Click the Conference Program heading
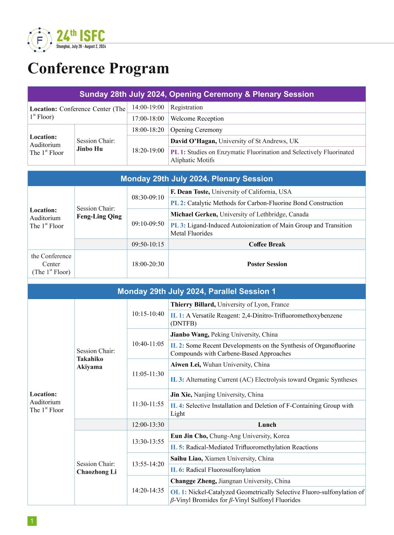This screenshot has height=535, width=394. pyautogui.click(x=98, y=69)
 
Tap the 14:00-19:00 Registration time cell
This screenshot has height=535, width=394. pyautogui.click(x=148, y=107)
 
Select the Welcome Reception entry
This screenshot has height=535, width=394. pyautogui.click(x=197, y=119)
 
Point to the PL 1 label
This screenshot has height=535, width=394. pyautogui.click(x=178, y=152)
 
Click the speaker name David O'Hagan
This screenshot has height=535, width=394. pyautogui.click(x=193, y=141)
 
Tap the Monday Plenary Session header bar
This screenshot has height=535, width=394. pyautogui.click(x=197, y=179)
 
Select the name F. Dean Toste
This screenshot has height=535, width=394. pyautogui.click(x=190, y=192)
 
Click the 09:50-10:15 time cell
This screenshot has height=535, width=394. pyautogui.click(x=148, y=244)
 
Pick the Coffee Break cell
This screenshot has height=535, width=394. pyautogui.click(x=267, y=244)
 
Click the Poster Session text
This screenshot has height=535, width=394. pyautogui.click(x=267, y=264)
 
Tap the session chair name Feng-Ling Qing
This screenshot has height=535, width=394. pyautogui.click(x=99, y=216)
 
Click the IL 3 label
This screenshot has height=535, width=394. pyautogui.click(x=177, y=379)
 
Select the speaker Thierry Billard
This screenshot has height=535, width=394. pyautogui.click(x=193, y=304)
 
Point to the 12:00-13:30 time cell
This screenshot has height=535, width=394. pyautogui.click(x=148, y=425)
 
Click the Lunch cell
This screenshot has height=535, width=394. pyautogui.click(x=267, y=425)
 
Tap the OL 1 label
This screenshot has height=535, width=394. pyautogui.click(x=178, y=492)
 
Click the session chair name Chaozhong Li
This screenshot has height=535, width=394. pyautogui.click(x=96, y=472)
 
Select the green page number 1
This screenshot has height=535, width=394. pyautogui.click(x=32, y=521)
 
